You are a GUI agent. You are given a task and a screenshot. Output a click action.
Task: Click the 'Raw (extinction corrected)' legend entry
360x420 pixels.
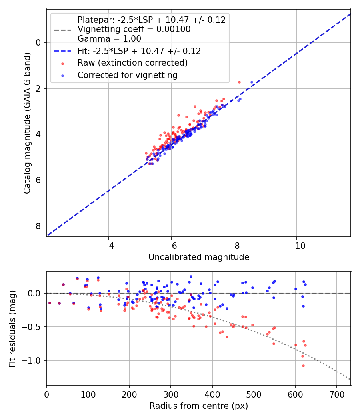[x=132, y=63]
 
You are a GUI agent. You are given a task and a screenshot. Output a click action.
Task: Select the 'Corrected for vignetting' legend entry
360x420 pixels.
[x=128, y=75]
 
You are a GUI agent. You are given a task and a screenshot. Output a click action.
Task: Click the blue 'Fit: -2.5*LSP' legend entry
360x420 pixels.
[x=139, y=51]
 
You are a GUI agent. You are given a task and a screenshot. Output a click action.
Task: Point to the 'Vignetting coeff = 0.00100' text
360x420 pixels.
[x=134, y=29]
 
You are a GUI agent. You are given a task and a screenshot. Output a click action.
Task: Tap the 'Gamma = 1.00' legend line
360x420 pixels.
[x=109, y=39]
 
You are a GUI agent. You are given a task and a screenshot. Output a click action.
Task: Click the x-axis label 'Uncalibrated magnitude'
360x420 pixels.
[x=199, y=257]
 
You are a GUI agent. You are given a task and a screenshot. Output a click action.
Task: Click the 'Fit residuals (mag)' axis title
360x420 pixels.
[x=12, y=328]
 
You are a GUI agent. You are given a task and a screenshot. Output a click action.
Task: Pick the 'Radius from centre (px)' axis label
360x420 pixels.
[x=199, y=406]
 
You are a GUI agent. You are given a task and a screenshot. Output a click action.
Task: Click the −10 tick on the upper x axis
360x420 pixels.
[x=296, y=244]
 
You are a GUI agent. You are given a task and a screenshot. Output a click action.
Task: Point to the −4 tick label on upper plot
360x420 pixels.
[x=108, y=244]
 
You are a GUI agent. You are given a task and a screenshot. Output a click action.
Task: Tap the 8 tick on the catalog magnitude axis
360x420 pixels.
[x=39, y=226]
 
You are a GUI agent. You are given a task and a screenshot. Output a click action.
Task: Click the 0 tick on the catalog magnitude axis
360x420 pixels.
[x=39, y=42]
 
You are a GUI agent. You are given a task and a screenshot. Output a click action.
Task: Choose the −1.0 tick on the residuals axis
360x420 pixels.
[x=34, y=360]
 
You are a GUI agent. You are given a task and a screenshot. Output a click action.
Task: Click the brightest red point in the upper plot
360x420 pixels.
[x=239, y=82]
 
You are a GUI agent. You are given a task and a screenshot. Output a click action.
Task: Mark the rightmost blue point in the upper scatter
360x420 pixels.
[x=252, y=82]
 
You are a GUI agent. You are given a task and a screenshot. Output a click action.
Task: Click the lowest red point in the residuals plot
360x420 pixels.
[x=303, y=366]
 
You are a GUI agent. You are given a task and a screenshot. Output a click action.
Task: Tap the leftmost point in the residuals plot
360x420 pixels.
[x=50, y=303]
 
